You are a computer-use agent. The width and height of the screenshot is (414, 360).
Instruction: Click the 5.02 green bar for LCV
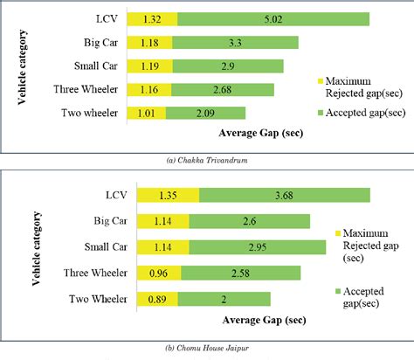tap(273, 19)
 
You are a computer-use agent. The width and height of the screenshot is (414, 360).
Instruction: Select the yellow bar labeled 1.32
tap(152, 19)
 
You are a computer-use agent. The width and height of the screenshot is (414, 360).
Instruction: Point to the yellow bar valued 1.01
tap(146, 113)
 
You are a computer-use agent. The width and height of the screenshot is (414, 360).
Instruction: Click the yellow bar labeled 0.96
tap(158, 274)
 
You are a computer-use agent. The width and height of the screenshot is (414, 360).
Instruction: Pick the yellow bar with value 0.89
tap(156, 299)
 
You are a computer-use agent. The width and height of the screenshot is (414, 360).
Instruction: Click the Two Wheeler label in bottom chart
tap(97, 299)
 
